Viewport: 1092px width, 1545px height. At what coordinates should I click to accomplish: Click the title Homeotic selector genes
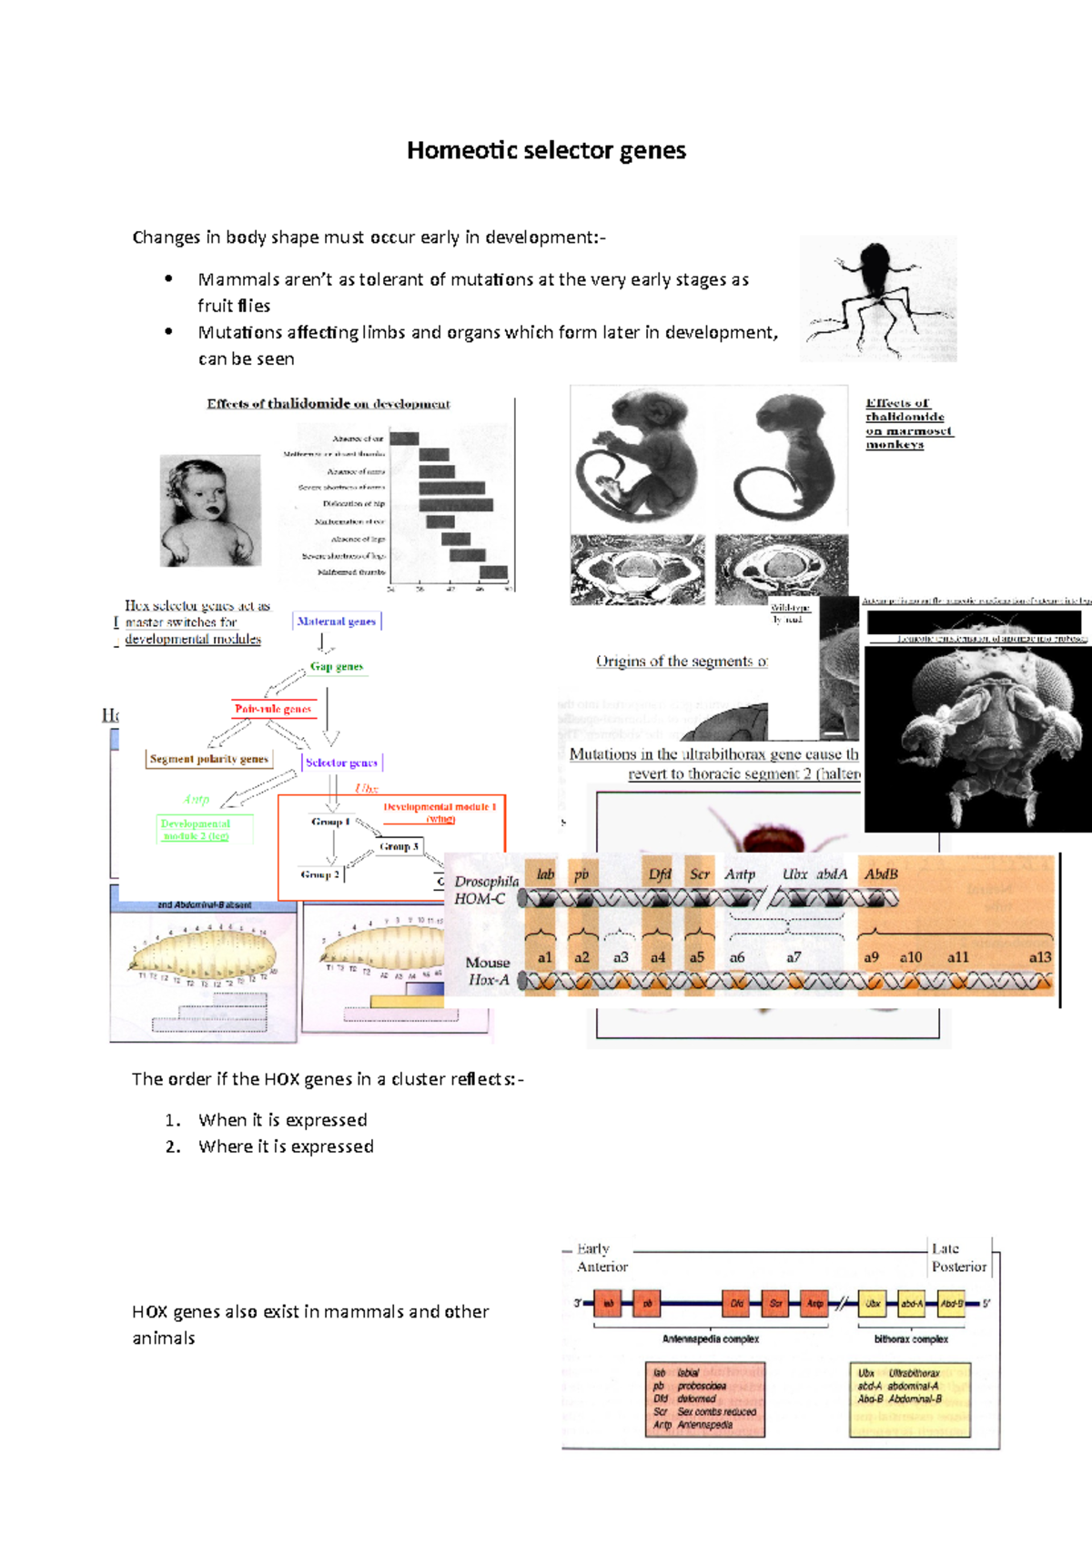(546, 150)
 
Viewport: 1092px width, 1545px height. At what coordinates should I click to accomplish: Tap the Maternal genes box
(337, 621)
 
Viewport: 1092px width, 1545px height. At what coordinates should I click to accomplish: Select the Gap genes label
(337, 667)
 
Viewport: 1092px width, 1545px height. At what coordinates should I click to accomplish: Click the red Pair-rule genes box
(273, 709)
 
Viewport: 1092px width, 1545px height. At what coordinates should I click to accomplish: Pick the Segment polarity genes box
(209, 759)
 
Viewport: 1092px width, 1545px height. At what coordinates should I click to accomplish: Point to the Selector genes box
(341, 762)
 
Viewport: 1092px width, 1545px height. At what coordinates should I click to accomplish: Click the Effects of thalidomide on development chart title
(329, 404)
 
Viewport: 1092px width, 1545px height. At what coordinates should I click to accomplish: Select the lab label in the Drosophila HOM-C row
(545, 874)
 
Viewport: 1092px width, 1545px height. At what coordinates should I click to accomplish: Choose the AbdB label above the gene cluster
(881, 874)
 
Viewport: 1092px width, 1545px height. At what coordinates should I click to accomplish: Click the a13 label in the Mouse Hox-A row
(1039, 957)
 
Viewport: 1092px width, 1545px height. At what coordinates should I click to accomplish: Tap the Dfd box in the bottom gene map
(736, 1304)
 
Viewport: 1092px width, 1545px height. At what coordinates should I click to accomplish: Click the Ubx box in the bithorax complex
(873, 1304)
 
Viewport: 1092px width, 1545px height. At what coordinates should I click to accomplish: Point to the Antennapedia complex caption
(710, 1339)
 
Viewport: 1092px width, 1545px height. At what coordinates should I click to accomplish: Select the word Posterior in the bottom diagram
(959, 1267)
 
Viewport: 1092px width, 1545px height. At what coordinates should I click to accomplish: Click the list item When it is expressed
(283, 1120)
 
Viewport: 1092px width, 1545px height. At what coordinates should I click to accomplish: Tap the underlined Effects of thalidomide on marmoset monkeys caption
(907, 424)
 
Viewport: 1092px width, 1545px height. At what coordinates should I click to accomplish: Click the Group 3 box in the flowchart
(399, 846)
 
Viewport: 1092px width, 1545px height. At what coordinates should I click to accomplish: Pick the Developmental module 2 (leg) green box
(196, 830)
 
